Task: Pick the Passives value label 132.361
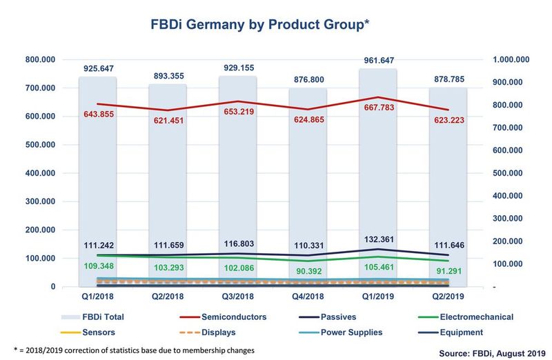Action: tap(379, 239)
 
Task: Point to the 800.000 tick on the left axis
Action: tap(41, 60)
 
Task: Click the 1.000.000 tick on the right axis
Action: tap(510, 60)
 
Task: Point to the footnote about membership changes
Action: tap(135, 350)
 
